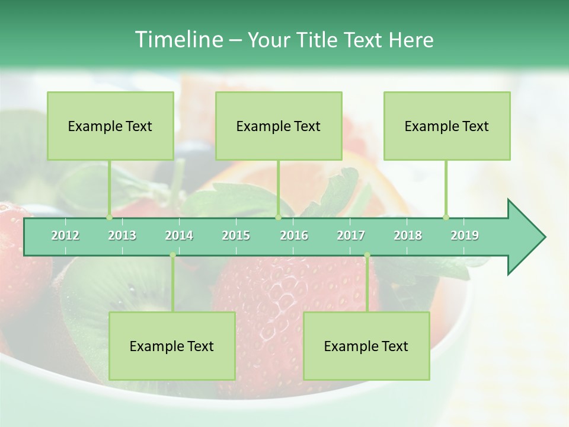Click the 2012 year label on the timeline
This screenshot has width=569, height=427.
65,235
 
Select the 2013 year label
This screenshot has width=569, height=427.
122,235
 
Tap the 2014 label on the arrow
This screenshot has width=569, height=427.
179,235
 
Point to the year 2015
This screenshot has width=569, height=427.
236,235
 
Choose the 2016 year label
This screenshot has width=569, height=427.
294,235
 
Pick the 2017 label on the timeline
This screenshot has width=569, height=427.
351,235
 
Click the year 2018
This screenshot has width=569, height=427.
408,235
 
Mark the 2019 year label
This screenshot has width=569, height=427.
465,235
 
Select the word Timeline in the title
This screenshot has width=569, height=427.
178,40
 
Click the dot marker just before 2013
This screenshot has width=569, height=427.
109,217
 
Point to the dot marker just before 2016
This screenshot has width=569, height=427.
278,217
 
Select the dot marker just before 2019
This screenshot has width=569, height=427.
446,217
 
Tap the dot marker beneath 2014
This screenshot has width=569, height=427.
172,255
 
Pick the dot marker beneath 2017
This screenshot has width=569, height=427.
367,255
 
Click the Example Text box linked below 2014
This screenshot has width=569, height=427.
172,346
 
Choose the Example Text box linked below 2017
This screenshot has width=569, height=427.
366,346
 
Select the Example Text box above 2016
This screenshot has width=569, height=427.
279,126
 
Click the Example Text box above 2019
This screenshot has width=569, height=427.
447,126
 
